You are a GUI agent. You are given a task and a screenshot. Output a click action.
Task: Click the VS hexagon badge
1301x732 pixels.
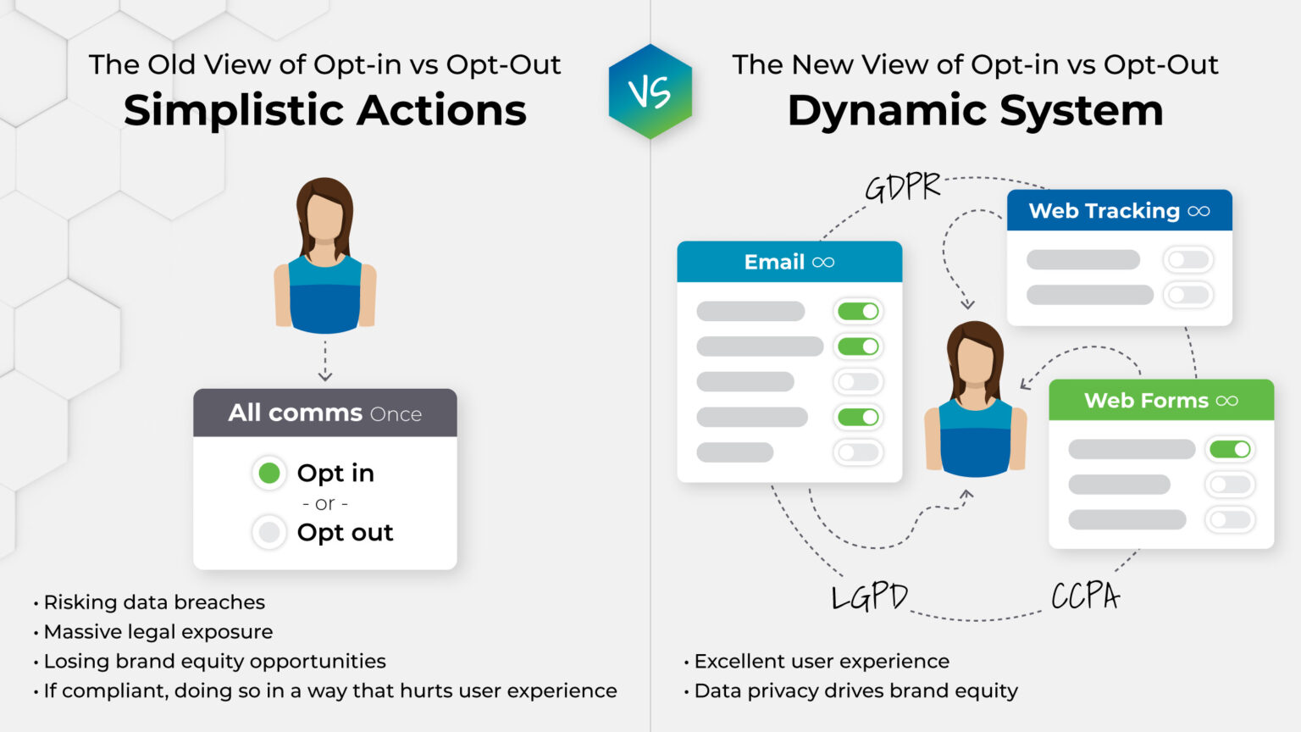pyautogui.click(x=650, y=91)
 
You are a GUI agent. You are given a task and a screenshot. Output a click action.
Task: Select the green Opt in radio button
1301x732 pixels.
pyautogui.click(x=269, y=473)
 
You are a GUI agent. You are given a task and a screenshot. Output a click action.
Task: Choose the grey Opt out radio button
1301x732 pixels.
pyautogui.click(x=269, y=532)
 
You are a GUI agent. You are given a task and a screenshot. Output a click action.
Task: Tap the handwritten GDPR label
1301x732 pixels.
pyautogui.click(x=903, y=187)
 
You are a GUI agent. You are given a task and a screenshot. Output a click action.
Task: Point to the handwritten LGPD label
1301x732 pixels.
pyautogui.click(x=869, y=597)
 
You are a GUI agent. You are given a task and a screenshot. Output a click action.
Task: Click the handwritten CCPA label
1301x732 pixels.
pyautogui.click(x=1085, y=596)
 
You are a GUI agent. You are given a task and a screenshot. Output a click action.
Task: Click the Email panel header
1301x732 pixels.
pyautogui.click(x=789, y=262)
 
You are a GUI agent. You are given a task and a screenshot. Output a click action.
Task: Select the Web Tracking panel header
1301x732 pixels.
pyautogui.click(x=1118, y=211)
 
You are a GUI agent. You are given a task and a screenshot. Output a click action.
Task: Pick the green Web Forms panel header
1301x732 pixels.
pyautogui.click(x=1160, y=401)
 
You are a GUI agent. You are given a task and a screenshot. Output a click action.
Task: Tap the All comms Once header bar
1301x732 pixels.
pyautogui.click(x=324, y=413)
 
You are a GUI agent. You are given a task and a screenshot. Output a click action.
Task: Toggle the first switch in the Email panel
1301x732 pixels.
pyautogui.click(x=858, y=312)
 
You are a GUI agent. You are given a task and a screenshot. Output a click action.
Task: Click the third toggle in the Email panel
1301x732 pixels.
pyautogui.click(x=858, y=382)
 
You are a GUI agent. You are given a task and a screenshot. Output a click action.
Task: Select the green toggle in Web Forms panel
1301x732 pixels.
pyautogui.click(x=1230, y=449)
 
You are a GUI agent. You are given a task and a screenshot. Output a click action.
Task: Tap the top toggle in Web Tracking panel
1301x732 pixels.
pyautogui.click(x=1188, y=260)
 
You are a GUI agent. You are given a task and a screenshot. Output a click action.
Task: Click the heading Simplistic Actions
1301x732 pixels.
pyautogui.click(x=324, y=110)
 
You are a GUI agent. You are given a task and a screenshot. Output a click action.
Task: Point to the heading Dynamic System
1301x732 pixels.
pyautogui.click(x=975, y=110)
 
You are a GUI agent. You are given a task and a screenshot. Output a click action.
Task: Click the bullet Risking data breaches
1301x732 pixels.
pyautogui.click(x=153, y=602)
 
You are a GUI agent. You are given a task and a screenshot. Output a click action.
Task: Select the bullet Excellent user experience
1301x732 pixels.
pyautogui.click(x=821, y=661)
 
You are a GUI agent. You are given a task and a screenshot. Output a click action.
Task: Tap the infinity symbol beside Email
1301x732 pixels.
pyautogui.click(x=823, y=263)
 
